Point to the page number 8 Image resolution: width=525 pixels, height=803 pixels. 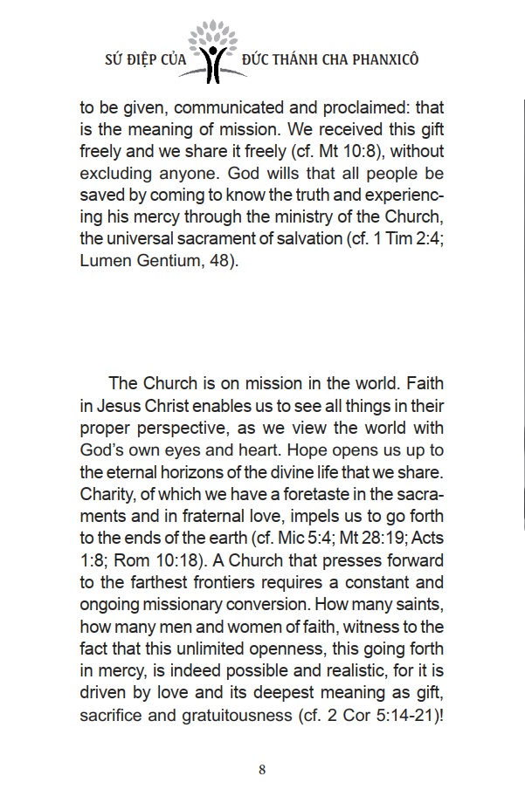(262, 769)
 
